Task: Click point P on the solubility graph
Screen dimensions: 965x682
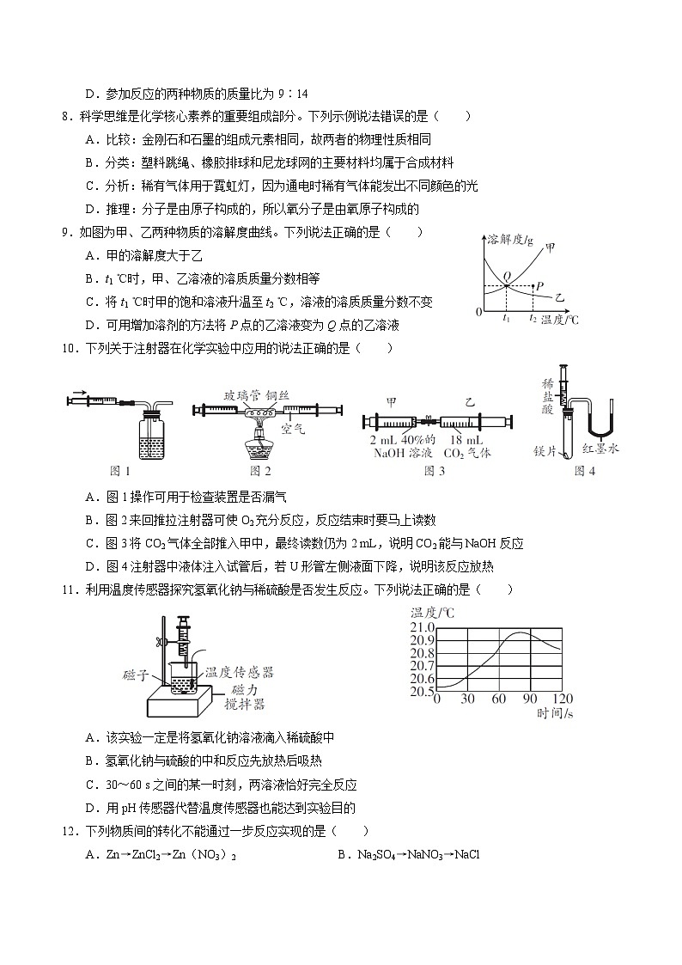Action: click(x=535, y=285)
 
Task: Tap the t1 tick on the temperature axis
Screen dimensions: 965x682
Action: click(x=507, y=318)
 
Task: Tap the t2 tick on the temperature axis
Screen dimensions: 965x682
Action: click(x=533, y=318)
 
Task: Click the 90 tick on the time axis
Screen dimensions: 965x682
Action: click(x=529, y=699)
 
